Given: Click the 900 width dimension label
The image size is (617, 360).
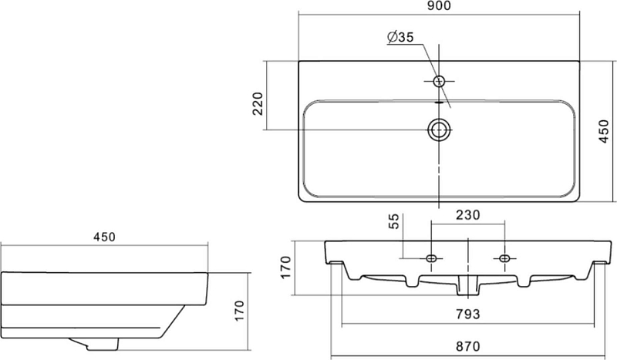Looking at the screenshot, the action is click(438, 6).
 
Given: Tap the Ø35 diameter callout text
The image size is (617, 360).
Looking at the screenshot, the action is click(400, 37).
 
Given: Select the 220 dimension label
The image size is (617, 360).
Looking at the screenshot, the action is click(258, 103).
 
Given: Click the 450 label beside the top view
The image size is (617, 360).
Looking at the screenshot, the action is click(604, 131).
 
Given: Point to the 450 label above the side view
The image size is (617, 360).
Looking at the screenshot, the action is click(104, 237).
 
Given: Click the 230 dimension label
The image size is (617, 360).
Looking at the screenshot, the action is click(468, 215).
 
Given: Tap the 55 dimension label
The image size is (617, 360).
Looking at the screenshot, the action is click(394, 221).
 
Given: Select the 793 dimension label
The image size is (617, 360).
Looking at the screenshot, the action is click(468, 315).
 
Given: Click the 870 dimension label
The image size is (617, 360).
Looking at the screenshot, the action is click(468, 346).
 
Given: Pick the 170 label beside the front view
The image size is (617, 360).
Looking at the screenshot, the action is click(285, 267).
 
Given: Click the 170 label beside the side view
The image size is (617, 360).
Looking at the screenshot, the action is click(238, 311).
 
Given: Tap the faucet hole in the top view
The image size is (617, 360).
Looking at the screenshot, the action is click(439, 81).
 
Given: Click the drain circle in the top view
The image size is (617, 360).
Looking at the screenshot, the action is click(439, 130).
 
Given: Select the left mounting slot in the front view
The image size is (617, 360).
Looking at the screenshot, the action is click(431, 258).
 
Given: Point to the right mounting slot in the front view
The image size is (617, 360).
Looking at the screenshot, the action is click(504, 258).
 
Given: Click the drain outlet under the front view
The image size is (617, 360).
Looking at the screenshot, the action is click(468, 285).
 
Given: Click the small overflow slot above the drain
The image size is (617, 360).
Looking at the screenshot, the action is click(439, 103).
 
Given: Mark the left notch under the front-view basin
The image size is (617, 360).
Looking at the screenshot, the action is click(412, 281).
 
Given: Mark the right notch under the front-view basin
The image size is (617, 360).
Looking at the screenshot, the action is click(524, 281).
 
